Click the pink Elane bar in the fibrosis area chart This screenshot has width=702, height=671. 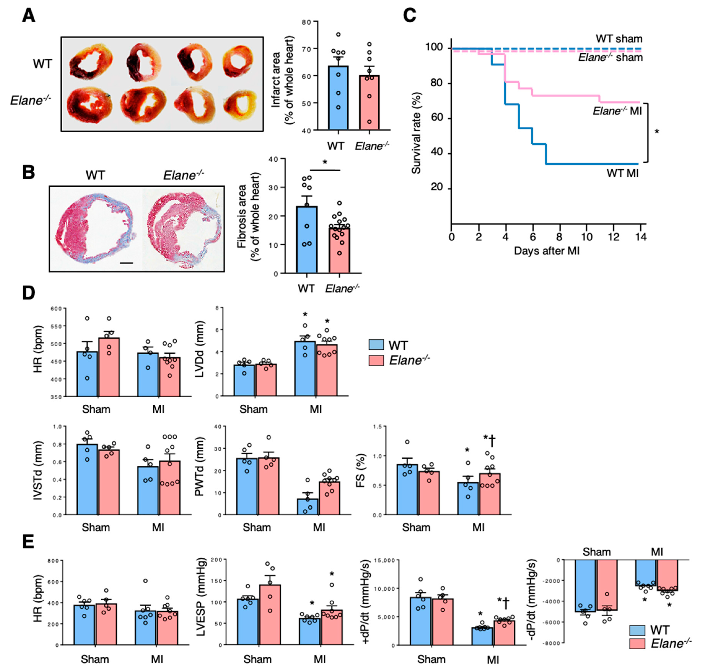[x=339, y=250]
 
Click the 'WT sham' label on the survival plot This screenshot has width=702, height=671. [x=619, y=39]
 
